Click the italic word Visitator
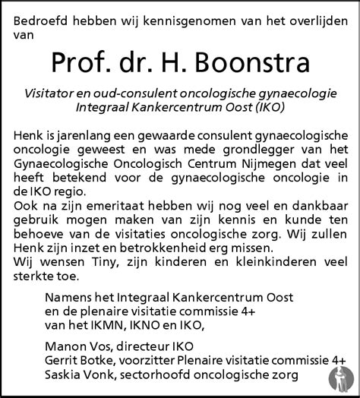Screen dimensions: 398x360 [x=54, y=93]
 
